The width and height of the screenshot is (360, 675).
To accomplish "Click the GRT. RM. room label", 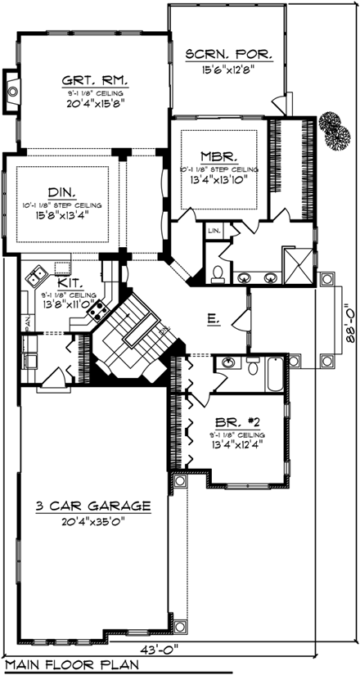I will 100,81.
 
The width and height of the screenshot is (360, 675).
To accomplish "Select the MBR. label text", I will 218,155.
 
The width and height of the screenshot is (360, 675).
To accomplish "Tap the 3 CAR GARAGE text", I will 93,506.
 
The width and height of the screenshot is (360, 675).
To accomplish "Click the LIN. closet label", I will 214,232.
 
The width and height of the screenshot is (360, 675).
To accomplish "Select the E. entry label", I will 212,322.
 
